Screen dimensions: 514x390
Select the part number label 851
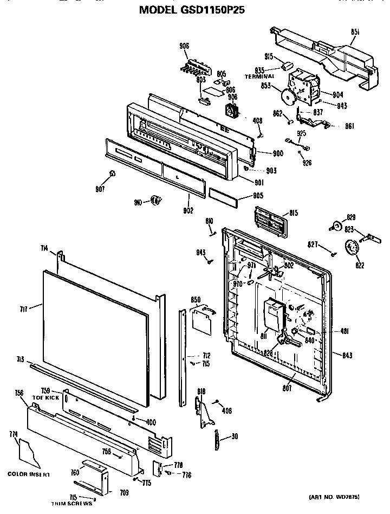pyautogui.click(x=356, y=33)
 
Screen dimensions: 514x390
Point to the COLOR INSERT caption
pyautogui.click(x=29, y=474)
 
